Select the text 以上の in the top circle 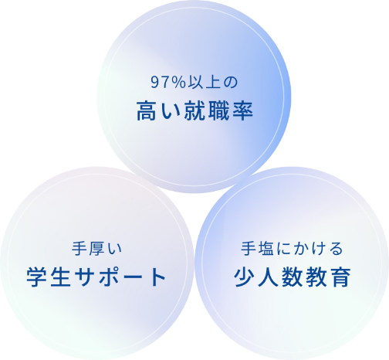(x=212, y=83)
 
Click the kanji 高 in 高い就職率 (x=147, y=111)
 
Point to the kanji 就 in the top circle (x=194, y=111)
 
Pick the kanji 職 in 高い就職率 (x=218, y=111)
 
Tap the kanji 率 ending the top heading (x=243, y=111)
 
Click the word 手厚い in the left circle (x=96, y=249)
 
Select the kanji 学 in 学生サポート (x=36, y=277)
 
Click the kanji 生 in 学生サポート (x=60, y=277)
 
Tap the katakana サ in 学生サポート (x=85, y=277)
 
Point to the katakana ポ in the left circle (x=109, y=277)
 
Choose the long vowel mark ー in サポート (x=133, y=277)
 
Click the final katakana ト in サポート (x=157, y=277)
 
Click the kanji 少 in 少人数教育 (x=244, y=277)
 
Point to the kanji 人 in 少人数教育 (x=268, y=277)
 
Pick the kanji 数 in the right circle (x=293, y=277)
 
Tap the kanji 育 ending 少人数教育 (x=340, y=277)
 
